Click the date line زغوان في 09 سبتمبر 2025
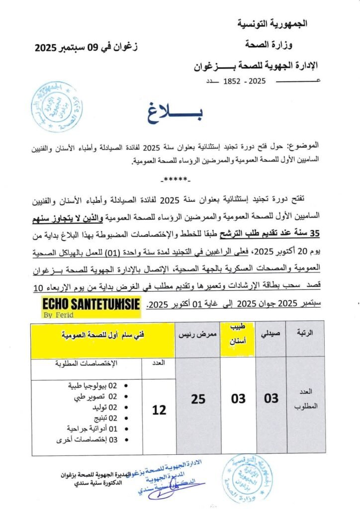[87, 48]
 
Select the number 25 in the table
[198, 399]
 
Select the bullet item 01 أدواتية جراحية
[92, 428]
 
